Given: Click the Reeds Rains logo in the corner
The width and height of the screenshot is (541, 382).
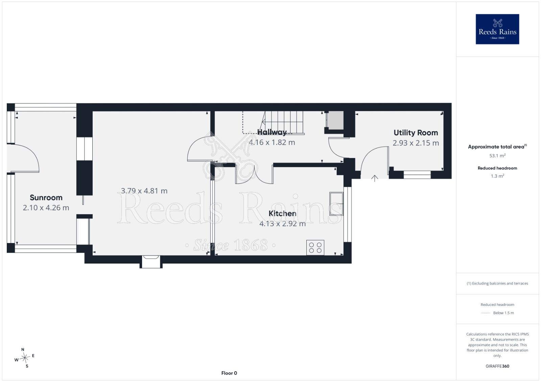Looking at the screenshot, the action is (497, 29).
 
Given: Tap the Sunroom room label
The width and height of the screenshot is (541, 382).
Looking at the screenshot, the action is (46, 198).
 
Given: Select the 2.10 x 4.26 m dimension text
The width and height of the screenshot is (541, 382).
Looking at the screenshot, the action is (46, 208).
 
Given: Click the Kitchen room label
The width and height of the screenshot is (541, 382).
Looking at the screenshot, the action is (282, 214).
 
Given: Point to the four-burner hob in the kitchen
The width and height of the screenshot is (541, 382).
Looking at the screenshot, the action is (315, 247).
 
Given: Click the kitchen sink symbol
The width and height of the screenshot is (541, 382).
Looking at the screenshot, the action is (336, 203).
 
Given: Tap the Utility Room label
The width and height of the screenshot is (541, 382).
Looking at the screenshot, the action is (416, 133).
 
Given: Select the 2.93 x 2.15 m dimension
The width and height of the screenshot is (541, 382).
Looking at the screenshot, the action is (416, 143).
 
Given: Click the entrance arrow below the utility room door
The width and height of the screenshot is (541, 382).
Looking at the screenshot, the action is (375, 179).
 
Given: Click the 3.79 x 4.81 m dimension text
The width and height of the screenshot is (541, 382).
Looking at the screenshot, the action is (144, 191).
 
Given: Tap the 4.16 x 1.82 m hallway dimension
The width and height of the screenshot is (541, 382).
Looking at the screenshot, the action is (272, 142).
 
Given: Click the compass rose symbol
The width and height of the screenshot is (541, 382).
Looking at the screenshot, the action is (25, 358).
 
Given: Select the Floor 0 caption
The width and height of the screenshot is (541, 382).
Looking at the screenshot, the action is (229, 373).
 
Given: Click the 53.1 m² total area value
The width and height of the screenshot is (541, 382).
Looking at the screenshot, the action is (497, 156).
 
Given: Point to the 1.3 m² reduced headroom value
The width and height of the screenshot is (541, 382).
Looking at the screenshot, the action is (497, 176).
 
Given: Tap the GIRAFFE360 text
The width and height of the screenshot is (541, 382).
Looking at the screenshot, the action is (497, 366).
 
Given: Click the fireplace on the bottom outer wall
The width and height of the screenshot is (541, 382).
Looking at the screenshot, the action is (151, 262).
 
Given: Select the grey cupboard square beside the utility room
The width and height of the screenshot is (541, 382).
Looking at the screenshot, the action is (335, 120).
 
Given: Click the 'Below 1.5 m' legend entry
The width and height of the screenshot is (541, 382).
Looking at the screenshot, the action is (503, 313).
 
